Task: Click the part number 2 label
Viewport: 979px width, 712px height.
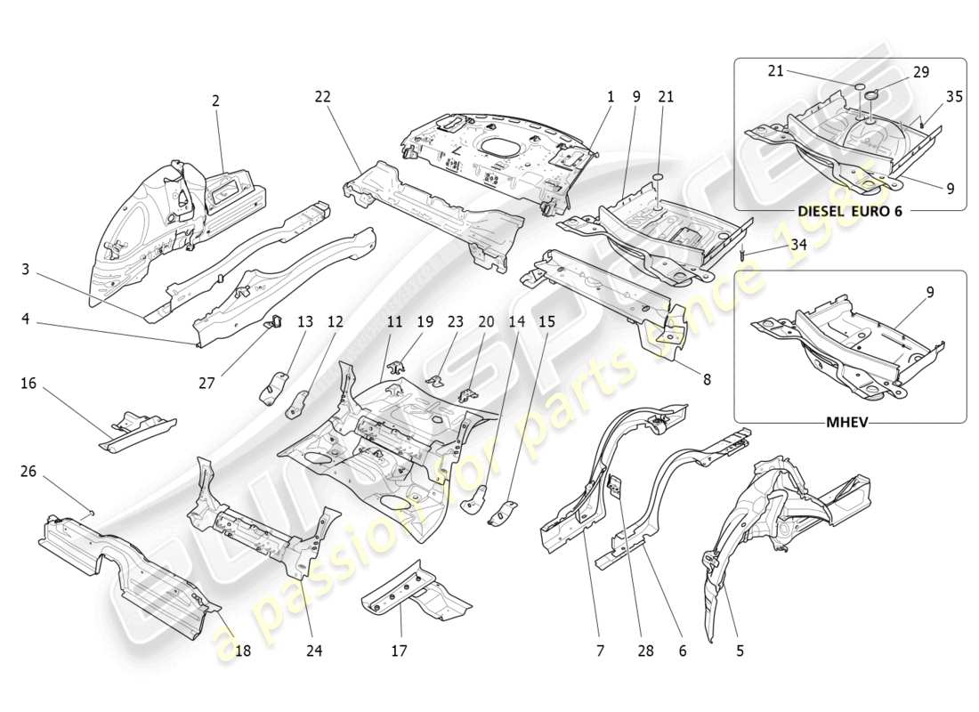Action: point(215,101)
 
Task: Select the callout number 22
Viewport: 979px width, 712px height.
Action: point(322,97)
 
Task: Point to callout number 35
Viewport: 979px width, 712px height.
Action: point(954,97)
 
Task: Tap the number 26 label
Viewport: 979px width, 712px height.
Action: point(28,471)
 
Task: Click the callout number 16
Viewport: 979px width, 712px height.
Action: point(28,384)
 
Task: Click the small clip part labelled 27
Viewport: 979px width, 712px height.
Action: point(273,321)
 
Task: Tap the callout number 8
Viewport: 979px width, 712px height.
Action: point(707,378)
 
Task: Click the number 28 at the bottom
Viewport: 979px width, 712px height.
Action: point(645,651)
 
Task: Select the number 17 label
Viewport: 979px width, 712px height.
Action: point(399,651)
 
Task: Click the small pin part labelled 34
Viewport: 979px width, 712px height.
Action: point(741,256)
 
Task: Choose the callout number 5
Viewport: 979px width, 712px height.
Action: point(740,651)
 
